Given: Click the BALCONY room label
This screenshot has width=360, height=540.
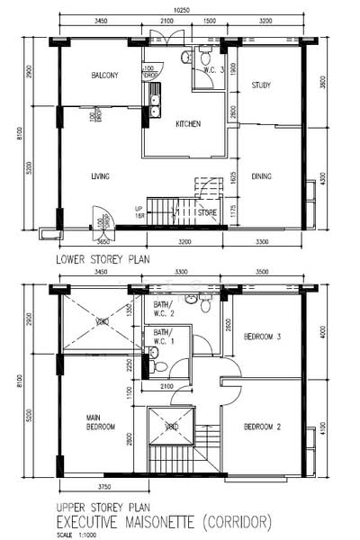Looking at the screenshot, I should pos(104,76).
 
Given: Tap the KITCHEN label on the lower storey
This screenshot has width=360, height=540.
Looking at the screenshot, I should pos(187,123).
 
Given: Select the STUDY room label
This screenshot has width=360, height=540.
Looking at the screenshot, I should pos(261,85).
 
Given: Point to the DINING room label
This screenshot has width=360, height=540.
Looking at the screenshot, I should pos(262,176).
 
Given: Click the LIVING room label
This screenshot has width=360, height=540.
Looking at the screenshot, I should pos(99,176).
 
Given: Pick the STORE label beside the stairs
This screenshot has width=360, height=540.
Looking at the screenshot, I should pos(209,213).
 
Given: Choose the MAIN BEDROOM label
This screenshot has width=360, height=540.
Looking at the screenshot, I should pos(99,422).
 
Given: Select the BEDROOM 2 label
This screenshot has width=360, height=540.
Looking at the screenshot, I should pos(264,427).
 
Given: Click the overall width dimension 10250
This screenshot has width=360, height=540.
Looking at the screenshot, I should pos(182,10).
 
